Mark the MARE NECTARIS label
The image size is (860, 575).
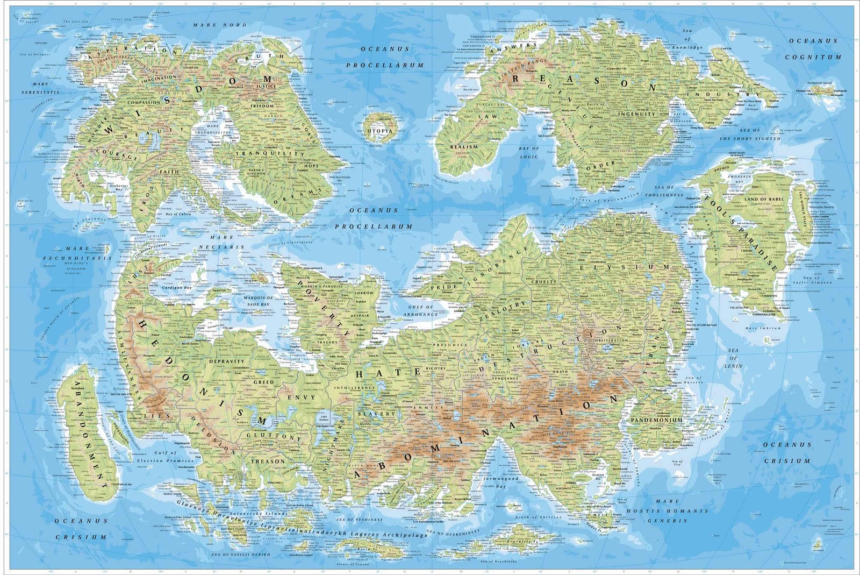pos(222,242)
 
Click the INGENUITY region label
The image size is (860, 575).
pos(637,114)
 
